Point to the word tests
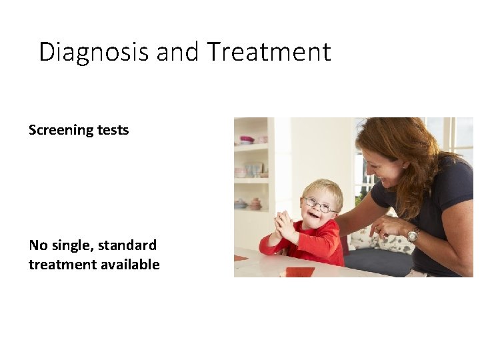click(113, 130)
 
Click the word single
click(71, 245)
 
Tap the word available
click(130, 265)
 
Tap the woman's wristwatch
click(414, 235)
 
